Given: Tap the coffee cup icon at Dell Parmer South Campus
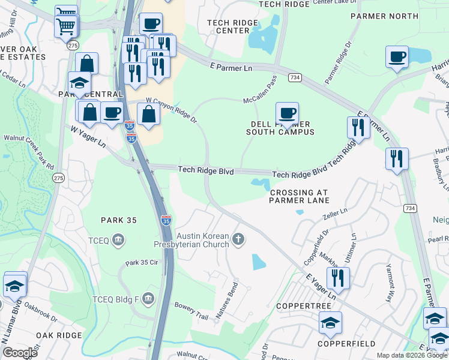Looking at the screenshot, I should (287, 113).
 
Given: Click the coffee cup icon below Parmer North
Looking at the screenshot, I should (396, 57).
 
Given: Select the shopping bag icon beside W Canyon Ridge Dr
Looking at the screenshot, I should (148, 113).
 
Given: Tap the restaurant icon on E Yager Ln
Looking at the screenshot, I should (338, 278).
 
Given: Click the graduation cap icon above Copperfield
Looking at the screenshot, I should (330, 323).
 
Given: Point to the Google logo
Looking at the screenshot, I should (20, 352).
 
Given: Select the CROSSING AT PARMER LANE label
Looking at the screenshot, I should (300, 196).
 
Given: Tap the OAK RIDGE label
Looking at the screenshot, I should (58, 335).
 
